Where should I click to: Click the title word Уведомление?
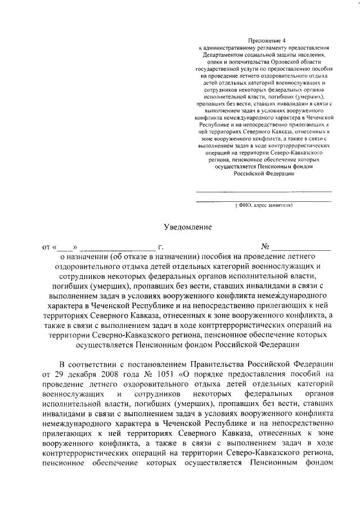point(187,227)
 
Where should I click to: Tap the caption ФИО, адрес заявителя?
point(263,206)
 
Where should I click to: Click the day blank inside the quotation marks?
point(65,247)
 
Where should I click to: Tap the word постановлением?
point(147,362)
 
